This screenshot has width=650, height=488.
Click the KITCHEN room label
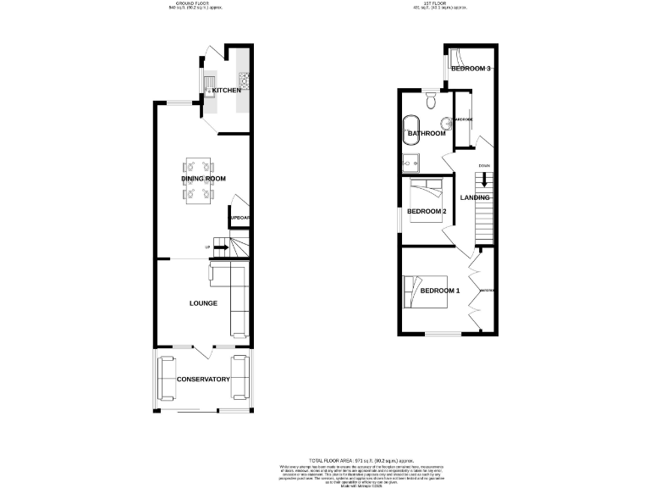[x=226, y=90]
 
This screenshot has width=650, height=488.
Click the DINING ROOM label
[x=203, y=179]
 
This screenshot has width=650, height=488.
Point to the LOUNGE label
[x=203, y=302]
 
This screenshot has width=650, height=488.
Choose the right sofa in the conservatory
[x=241, y=378]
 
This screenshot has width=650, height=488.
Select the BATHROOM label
[x=427, y=133]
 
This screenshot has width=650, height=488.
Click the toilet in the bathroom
[x=432, y=103]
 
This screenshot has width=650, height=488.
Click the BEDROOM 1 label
[x=440, y=291]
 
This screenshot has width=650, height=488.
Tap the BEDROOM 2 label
[x=426, y=211]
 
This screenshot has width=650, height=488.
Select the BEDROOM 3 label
[x=471, y=69]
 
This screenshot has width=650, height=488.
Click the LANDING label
[x=475, y=197]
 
